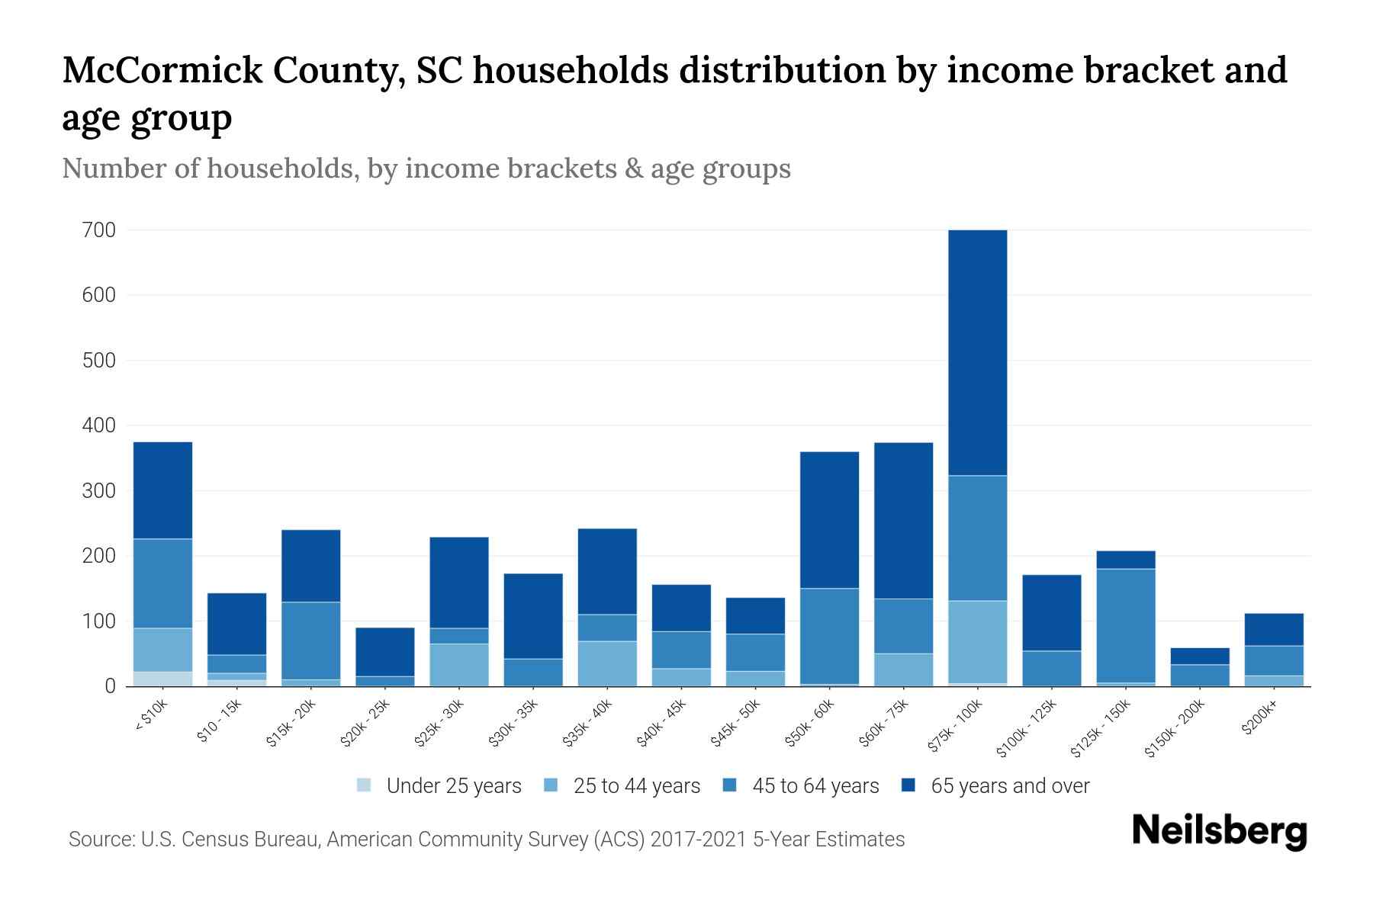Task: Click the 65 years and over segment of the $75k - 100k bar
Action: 977,352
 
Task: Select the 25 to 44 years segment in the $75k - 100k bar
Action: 977,642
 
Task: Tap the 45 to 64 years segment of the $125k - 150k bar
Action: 1125,625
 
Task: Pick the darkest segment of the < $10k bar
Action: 162,490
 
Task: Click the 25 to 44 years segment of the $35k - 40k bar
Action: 607,663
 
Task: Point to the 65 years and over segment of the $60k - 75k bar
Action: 903,520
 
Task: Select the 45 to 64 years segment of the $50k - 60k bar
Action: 829,636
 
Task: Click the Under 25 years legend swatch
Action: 365,785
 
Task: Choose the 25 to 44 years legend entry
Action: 636,786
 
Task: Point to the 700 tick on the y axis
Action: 98,230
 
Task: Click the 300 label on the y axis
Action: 98,491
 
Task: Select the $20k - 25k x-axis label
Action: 365,723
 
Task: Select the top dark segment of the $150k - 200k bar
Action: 1200,657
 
